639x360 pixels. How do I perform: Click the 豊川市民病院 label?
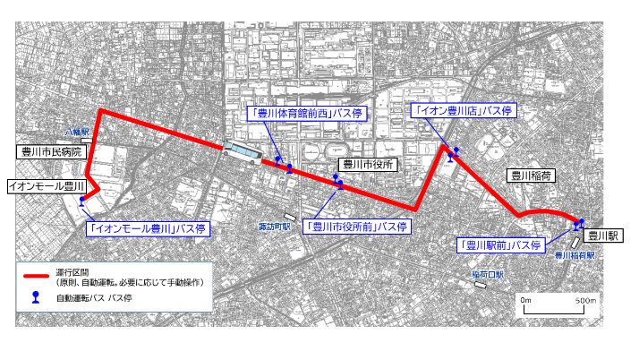coord(51,153)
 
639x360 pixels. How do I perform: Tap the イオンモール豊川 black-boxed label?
coord(45,186)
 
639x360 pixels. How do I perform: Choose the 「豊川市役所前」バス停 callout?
coord(355,227)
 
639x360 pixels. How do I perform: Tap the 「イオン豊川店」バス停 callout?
coord(462,111)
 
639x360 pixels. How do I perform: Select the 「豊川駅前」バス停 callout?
coord(501,244)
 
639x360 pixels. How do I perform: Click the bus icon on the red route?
coord(242,154)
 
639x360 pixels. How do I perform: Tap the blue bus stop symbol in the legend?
coord(37,297)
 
